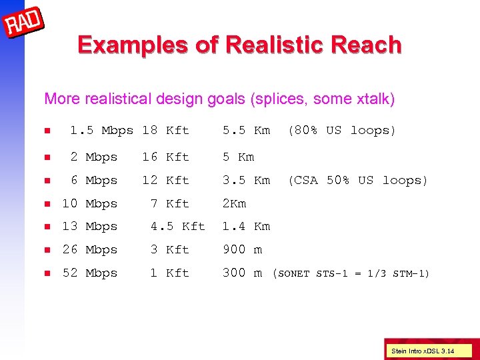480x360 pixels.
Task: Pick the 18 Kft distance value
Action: click(x=165, y=131)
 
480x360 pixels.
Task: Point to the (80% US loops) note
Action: click(x=341, y=131)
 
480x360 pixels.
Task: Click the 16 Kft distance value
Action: click(x=165, y=157)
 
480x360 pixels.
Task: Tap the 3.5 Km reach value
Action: click(x=246, y=180)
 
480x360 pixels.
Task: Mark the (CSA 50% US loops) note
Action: click(x=357, y=180)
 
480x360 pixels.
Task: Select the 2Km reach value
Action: click(x=234, y=203)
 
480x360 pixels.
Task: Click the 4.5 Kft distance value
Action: click(x=177, y=227)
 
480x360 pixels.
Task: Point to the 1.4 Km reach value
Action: click(x=246, y=227)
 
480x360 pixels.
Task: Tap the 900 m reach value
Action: click(x=242, y=250)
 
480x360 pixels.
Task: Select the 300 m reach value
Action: click(x=242, y=273)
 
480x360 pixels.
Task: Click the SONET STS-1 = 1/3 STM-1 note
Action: click(x=351, y=273)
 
